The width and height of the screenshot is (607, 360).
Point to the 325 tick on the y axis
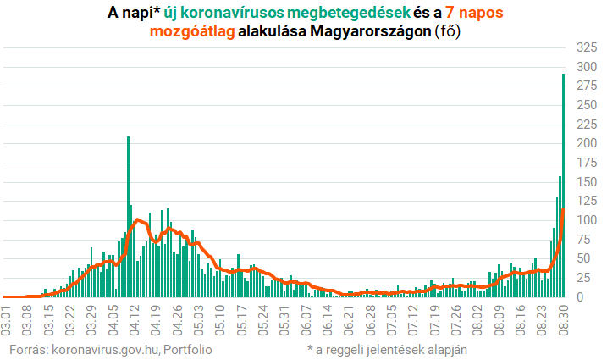pyautogui.click(x=584, y=45)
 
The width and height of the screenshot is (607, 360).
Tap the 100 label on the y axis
pyautogui.click(x=584, y=220)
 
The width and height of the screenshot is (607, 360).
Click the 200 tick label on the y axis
pyautogui.click(x=584, y=142)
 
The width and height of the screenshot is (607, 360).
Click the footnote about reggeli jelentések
pyautogui.click(x=387, y=348)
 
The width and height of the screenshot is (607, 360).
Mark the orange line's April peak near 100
pyautogui.click(x=138, y=220)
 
